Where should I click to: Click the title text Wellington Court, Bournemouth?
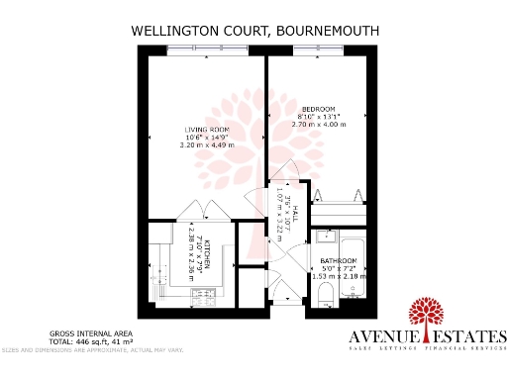click(255, 31)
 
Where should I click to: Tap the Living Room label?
click(206, 130)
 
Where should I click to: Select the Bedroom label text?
click(319, 109)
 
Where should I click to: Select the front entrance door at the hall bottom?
click(285, 292)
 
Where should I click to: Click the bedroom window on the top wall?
click(320, 50)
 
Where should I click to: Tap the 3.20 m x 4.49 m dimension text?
click(206, 145)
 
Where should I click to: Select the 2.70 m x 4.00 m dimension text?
click(319, 125)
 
